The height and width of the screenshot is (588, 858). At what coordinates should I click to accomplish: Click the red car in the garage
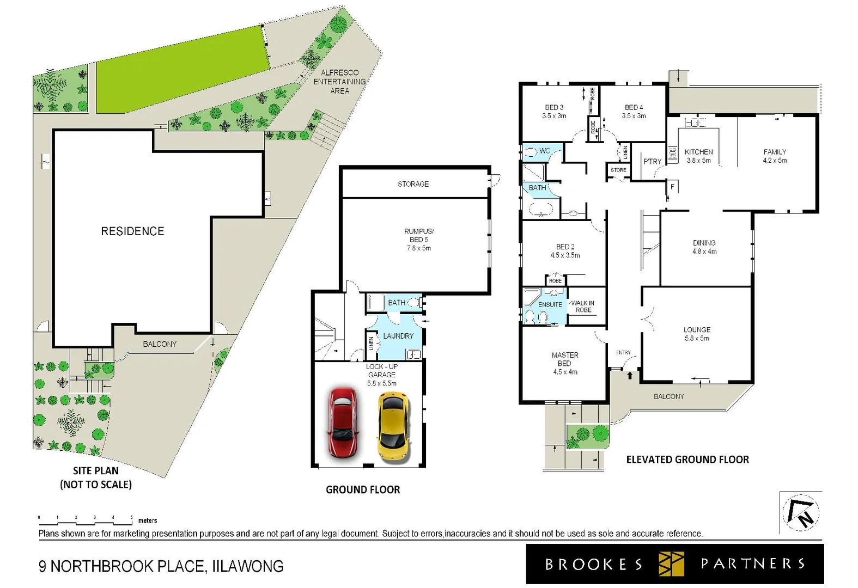pyautogui.click(x=342, y=422)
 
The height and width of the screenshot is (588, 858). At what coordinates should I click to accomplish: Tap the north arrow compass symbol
pyautogui.click(x=801, y=512)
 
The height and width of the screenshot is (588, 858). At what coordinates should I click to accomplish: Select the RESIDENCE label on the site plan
pyautogui.click(x=132, y=231)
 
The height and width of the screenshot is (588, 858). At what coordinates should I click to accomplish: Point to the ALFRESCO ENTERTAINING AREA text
pyautogui.click(x=339, y=82)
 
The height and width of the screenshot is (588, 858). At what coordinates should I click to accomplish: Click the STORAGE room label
pyautogui.click(x=413, y=184)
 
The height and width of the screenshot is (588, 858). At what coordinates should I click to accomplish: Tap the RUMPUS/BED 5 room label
pyautogui.click(x=419, y=240)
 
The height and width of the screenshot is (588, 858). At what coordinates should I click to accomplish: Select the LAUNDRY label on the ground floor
pyautogui.click(x=398, y=336)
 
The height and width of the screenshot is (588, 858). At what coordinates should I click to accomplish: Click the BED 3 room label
pyautogui.click(x=554, y=111)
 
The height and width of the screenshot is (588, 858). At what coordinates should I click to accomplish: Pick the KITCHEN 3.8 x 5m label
pyautogui.click(x=698, y=156)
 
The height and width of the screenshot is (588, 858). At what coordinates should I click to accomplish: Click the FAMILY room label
pyautogui.click(x=775, y=156)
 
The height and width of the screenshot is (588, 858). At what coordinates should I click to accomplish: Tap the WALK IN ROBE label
pyautogui.click(x=583, y=307)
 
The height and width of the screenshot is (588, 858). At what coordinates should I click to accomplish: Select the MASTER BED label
pyautogui.click(x=565, y=363)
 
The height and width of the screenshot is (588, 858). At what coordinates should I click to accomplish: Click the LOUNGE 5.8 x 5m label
pyautogui.click(x=697, y=334)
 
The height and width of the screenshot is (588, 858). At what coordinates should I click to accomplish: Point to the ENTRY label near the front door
pyautogui.click(x=623, y=352)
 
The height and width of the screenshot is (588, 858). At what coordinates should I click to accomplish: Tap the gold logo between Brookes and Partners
pyautogui.click(x=671, y=564)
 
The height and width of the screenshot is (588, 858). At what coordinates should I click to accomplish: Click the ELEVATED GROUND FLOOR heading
pyautogui.click(x=687, y=460)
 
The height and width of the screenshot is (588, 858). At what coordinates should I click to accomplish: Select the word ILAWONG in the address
pyautogui.click(x=248, y=567)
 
